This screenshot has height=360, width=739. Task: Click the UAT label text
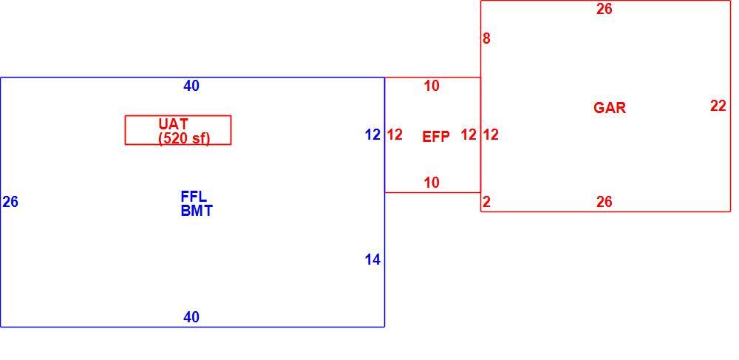pos(174,124)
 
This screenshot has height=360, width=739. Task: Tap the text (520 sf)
pos(184,138)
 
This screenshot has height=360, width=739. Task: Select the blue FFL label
pos(194,197)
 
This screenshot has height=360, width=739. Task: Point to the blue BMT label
pos(197,211)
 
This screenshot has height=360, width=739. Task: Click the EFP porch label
pos(436,137)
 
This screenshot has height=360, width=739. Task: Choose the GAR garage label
pos(610,108)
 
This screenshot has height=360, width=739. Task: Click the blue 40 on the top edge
pos(191,86)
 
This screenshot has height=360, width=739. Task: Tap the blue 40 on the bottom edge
pos(191,317)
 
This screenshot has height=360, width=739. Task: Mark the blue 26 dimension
pos(10,202)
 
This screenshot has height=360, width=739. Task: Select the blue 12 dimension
pos(372,135)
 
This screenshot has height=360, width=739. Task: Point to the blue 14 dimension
pos(372,259)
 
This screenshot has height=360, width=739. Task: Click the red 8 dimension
pos(486,38)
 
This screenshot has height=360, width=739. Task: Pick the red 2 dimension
pos(486,202)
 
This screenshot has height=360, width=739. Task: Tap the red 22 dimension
pos(718,106)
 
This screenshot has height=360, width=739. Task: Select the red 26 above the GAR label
pos(605,9)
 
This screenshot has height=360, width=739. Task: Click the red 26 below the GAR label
pos(605,202)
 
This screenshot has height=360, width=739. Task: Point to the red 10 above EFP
pos(432,86)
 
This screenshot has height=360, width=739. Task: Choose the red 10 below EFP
pos(432,183)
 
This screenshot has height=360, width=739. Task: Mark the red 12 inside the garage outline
pos(491,135)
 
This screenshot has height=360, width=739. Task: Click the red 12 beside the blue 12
pos(395,135)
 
